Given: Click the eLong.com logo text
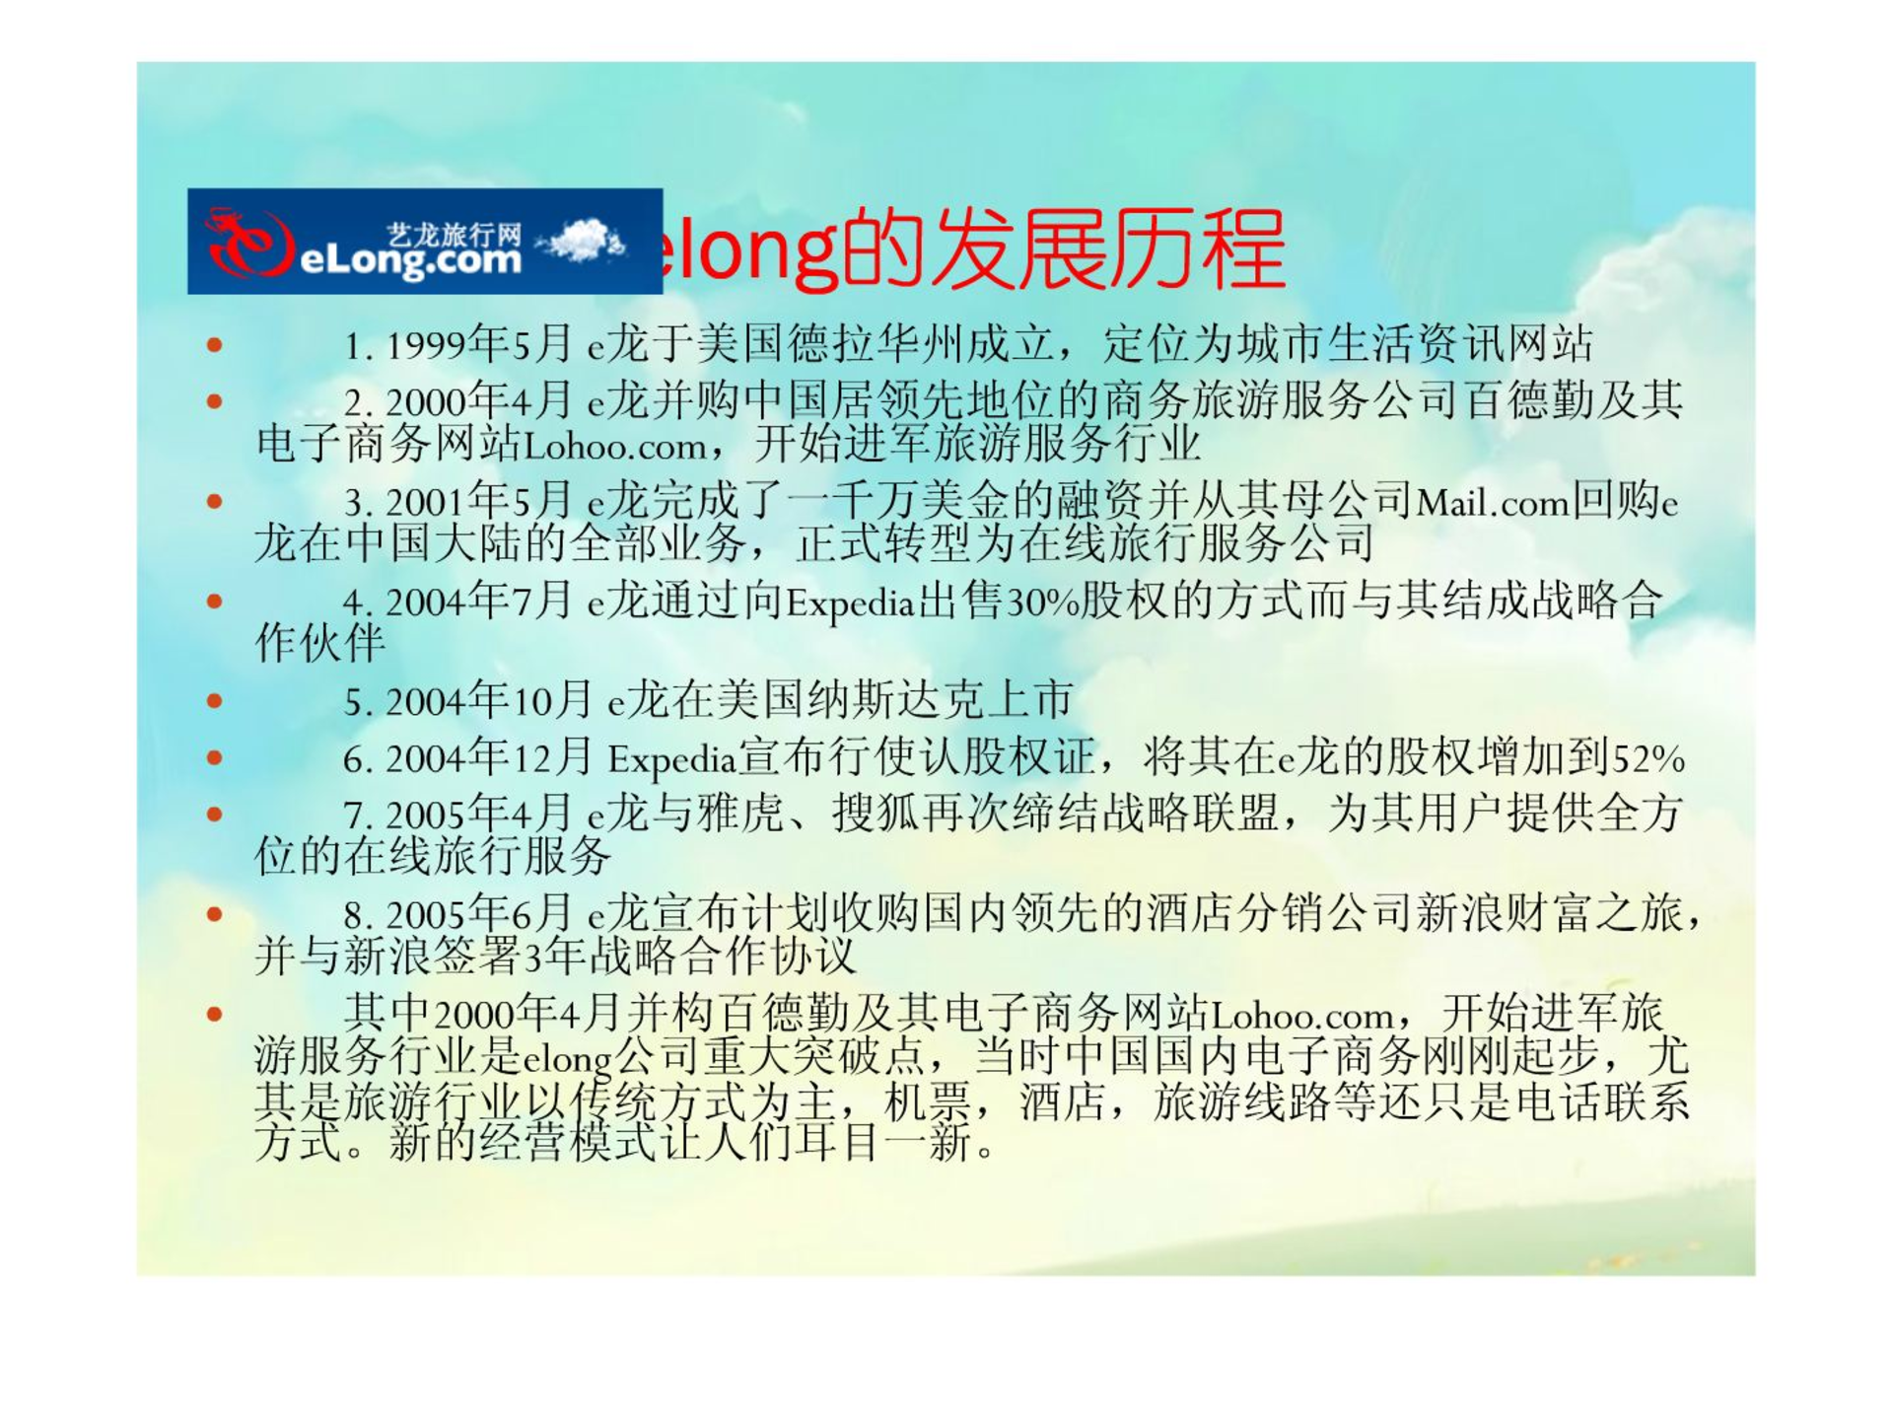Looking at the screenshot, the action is click(x=409, y=260).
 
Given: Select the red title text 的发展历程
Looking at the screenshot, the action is click(x=1063, y=248).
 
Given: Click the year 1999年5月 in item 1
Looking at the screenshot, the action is click(x=479, y=344).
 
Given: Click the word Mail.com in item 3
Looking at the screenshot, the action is click(x=1493, y=504).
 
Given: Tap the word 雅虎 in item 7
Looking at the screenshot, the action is click(x=740, y=814).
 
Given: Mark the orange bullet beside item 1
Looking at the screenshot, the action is click(x=215, y=345).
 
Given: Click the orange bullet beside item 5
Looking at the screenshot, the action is click(x=215, y=702).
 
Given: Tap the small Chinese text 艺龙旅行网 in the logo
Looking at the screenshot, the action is click(x=454, y=235).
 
